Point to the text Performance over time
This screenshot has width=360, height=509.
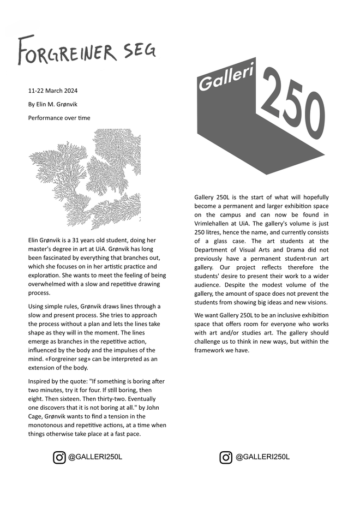(x=59, y=118)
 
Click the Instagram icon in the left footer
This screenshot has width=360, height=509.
(x=59, y=457)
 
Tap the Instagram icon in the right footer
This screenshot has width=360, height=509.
(x=226, y=457)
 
